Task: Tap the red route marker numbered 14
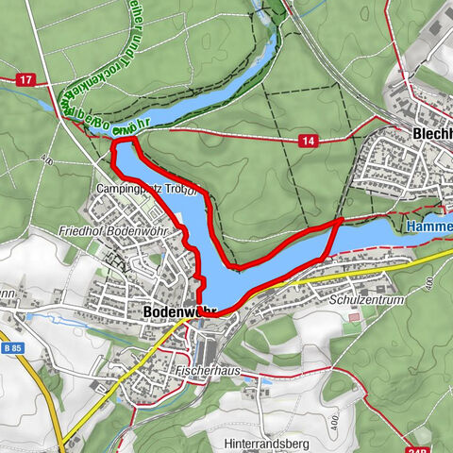pyautogui.click(x=309, y=140)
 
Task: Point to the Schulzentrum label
pyautogui.click(x=368, y=300)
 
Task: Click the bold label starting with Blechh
pyautogui.click(x=432, y=134)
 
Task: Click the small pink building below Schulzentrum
pyautogui.click(x=353, y=317)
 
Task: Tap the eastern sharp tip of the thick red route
pyautogui.click(x=341, y=220)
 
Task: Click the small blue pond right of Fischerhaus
pyautogui.click(x=264, y=381)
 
